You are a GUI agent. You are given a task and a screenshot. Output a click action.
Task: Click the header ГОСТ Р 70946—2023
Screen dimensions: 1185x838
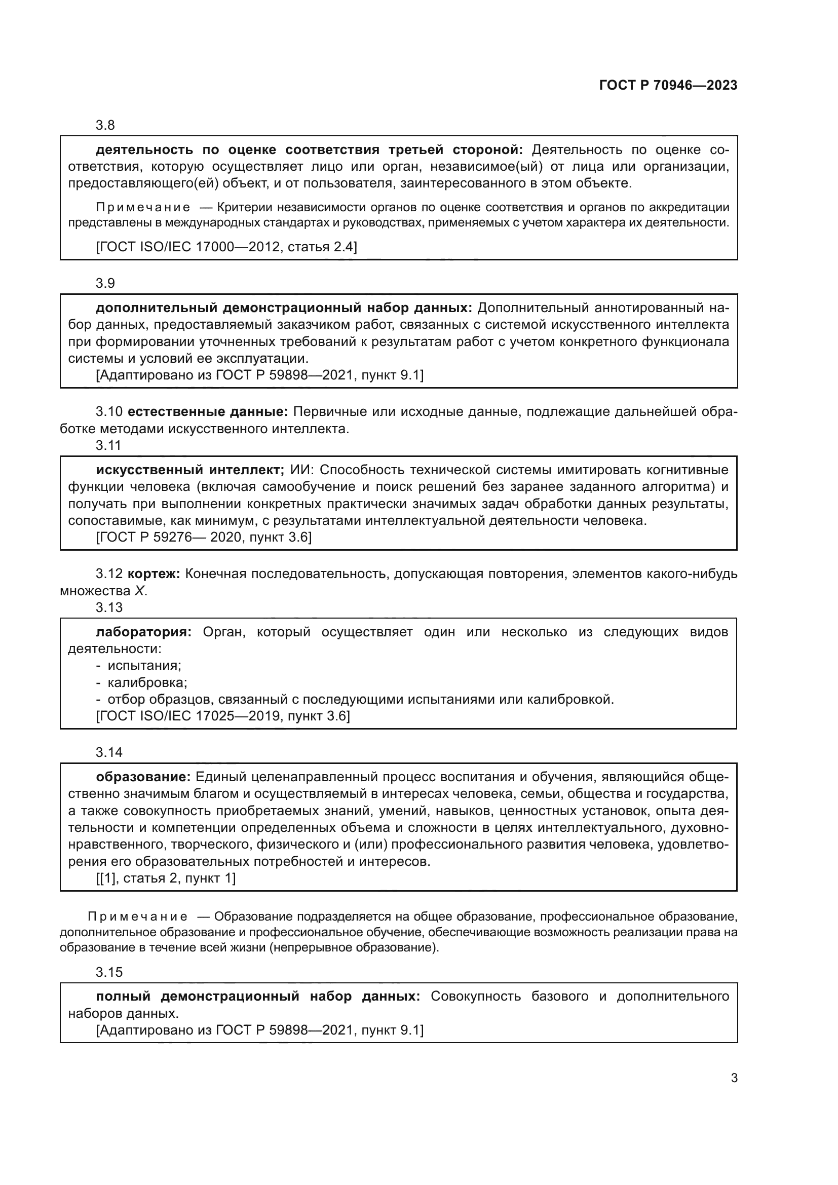[668, 86]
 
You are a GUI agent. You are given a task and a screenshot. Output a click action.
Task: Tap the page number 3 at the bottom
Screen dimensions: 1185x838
[734, 1078]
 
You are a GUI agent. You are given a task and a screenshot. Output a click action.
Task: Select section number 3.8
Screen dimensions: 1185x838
[105, 126]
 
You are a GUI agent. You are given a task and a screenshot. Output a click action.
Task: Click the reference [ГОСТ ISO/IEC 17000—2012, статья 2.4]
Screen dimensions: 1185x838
[226, 247]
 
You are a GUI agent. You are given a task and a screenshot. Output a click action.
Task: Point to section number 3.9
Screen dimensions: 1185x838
[105, 283]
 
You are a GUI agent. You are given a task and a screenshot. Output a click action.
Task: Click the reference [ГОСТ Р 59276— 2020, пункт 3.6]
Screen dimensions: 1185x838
[204, 537]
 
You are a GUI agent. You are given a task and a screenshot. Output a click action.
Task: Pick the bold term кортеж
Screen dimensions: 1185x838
[153, 574]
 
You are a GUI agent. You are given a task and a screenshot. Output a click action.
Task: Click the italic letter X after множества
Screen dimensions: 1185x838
[139, 591]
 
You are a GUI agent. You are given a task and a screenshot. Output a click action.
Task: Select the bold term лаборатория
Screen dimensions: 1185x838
[143, 632]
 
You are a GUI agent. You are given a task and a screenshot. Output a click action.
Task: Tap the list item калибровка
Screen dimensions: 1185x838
[147, 682]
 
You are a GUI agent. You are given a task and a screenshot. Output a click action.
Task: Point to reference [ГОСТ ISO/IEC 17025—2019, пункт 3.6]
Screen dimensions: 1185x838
[223, 716]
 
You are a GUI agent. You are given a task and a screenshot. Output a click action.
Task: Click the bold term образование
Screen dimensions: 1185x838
[143, 777]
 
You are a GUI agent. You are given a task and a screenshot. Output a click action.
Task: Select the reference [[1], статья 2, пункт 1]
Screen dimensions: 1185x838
[166, 878]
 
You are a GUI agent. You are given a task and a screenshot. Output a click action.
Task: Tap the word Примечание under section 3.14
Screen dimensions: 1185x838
[137, 916]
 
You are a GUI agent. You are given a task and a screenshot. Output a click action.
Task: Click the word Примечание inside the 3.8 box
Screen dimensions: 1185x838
[143, 208]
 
